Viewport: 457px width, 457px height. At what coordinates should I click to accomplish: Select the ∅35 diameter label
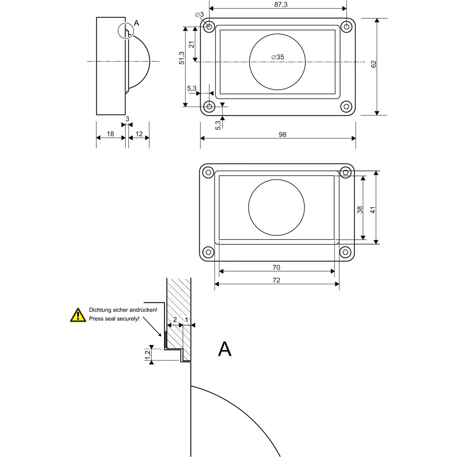(278, 57)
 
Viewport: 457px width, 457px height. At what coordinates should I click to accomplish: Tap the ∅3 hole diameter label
(199, 14)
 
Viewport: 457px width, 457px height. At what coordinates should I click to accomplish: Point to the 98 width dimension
(282, 134)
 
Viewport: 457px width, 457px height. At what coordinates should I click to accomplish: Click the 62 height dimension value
(374, 64)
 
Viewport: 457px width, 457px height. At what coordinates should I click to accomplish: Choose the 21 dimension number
(192, 44)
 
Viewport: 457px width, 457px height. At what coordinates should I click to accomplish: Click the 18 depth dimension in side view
(110, 134)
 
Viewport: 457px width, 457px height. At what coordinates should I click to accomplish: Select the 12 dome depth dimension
(139, 134)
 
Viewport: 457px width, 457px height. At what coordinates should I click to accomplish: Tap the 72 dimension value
(276, 280)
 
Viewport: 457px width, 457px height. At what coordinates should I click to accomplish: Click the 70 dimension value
(276, 267)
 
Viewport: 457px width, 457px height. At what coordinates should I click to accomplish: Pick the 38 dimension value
(360, 209)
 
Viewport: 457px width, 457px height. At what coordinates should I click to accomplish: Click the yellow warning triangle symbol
(78, 315)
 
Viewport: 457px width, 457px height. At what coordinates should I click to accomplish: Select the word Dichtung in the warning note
(99, 310)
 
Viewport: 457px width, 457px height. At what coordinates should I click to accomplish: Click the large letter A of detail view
(225, 349)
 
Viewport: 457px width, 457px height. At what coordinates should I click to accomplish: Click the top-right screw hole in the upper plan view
(346, 27)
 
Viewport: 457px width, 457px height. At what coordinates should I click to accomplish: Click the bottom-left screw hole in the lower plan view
(208, 252)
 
